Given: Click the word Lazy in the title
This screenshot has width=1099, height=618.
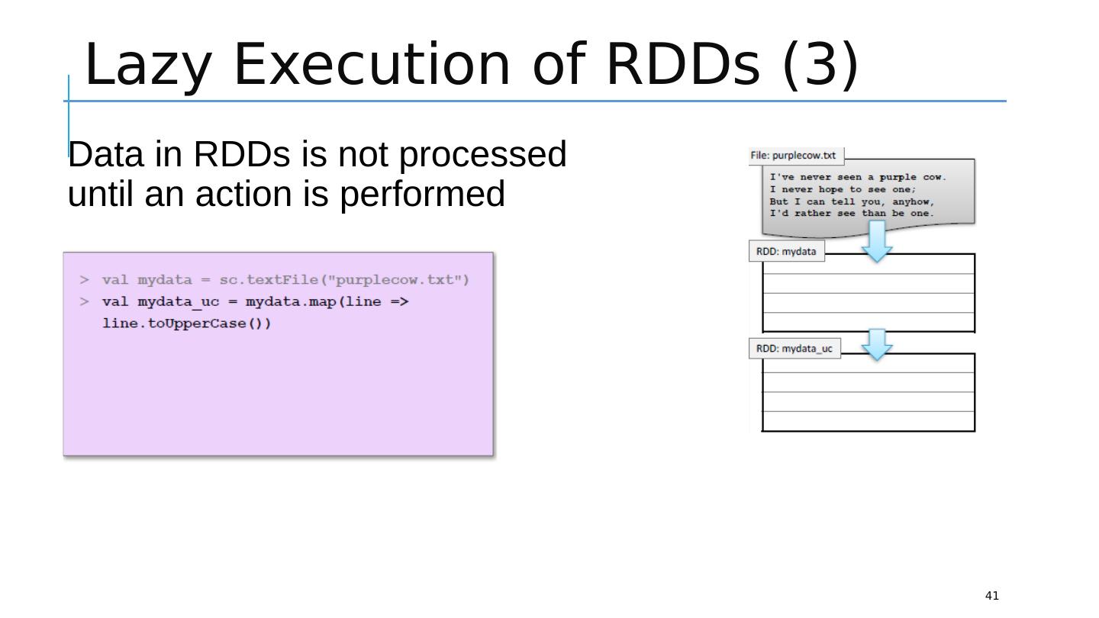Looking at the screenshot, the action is click(146, 65).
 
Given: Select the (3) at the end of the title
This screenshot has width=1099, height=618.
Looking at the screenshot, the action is click(820, 65).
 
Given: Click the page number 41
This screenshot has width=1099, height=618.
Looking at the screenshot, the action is click(991, 596).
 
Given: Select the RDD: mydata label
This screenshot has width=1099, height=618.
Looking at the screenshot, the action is click(786, 251).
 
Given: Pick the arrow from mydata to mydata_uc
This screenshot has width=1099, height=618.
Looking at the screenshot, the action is click(877, 345).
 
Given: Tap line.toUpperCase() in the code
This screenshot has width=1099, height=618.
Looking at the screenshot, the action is click(186, 323).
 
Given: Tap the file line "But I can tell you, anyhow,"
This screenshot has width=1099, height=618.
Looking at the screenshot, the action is click(852, 201).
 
